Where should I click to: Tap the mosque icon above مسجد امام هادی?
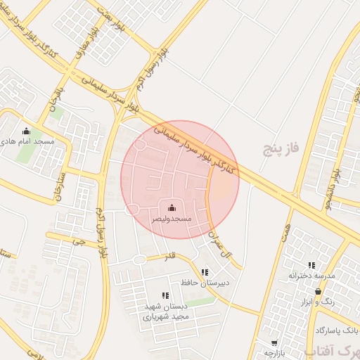[x=27, y=130]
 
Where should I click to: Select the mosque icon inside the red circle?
[x=173, y=207]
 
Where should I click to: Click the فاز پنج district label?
[x=281, y=148]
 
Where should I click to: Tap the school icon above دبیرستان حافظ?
[x=204, y=272]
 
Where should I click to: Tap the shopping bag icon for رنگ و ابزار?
[x=318, y=291]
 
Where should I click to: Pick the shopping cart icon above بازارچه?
[x=274, y=343]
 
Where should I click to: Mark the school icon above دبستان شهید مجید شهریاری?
[x=165, y=296]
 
